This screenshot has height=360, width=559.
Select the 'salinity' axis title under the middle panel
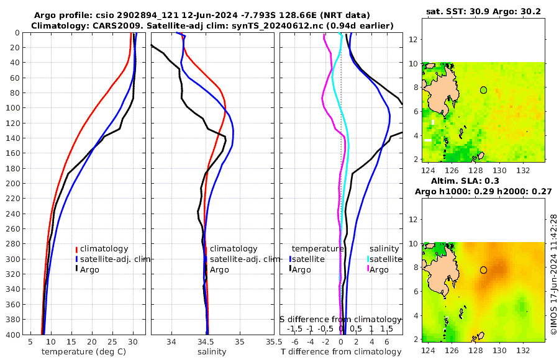coord(212,352)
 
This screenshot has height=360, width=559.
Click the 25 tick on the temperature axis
coord(112,341)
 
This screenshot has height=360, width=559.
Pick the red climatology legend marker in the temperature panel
coord(76,249)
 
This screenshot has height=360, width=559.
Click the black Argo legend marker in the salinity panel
coord(205,269)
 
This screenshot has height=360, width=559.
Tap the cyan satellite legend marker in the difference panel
coord(368,259)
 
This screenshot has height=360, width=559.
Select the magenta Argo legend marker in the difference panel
coord(368,269)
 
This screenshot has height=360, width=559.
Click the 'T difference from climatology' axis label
coord(341,352)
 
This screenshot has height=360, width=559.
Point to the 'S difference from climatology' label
coord(340,319)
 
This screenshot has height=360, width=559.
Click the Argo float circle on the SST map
coord(483,90)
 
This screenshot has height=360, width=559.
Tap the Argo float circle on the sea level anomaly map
coord(483,270)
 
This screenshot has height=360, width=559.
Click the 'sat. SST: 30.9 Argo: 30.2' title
coord(483,12)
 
